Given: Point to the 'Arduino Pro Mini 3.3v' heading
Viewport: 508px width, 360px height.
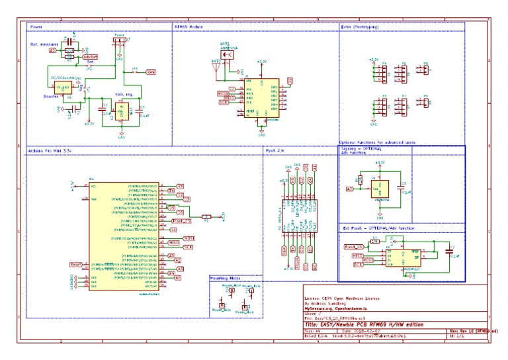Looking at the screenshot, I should [49, 150].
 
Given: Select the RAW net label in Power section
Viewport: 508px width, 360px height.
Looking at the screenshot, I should [151, 71].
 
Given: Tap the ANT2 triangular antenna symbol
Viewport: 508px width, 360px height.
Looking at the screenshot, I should [216, 65].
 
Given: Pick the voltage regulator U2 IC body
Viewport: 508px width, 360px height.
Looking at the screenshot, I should [121, 111].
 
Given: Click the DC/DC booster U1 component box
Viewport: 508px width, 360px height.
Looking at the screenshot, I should [63, 87].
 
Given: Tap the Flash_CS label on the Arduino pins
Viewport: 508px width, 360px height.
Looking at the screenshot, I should [177, 221].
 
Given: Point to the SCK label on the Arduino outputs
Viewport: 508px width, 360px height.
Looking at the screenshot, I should [187, 247].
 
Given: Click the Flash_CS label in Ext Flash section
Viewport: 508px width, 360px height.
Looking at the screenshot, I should [355, 246].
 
